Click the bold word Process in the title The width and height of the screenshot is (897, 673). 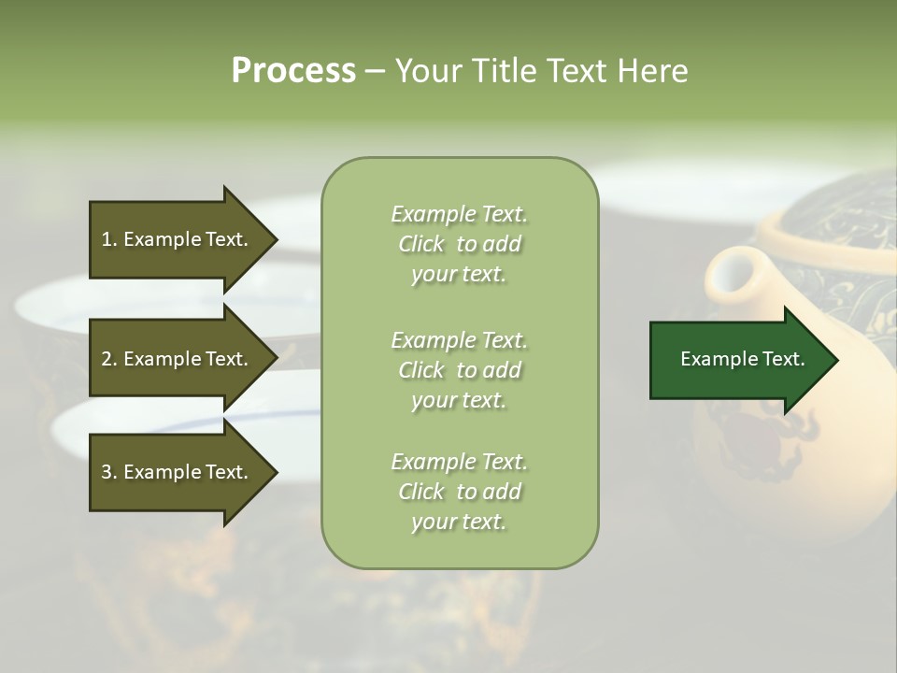pos(293,71)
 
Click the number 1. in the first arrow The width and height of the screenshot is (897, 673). pos(109,239)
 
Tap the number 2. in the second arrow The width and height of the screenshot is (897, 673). pos(109,359)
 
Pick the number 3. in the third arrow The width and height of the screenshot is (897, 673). pos(109,472)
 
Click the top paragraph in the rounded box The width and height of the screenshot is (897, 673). pos(459,244)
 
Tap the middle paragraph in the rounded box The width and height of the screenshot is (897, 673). pos(459,370)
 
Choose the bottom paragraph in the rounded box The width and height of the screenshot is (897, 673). pos(459,492)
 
